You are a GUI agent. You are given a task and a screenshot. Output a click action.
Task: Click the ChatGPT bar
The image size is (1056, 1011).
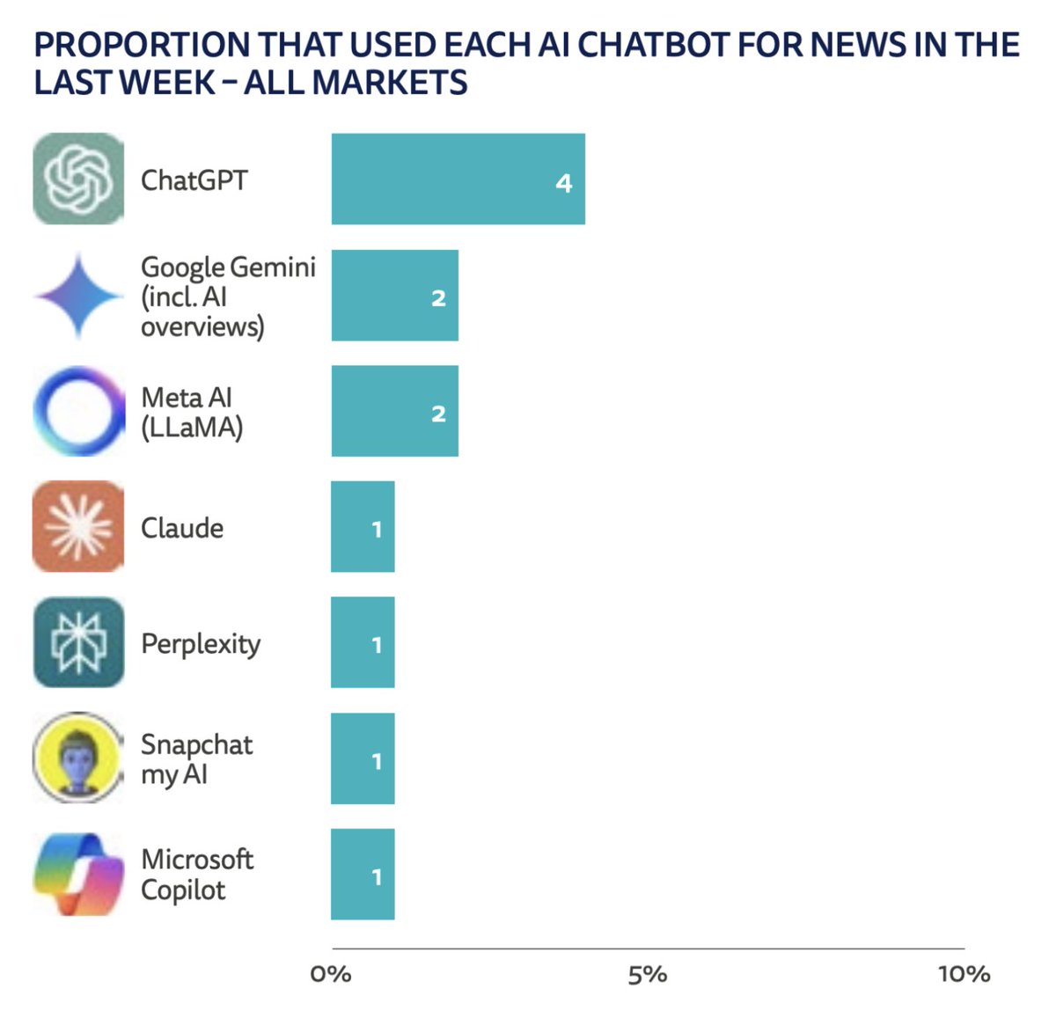click(x=458, y=179)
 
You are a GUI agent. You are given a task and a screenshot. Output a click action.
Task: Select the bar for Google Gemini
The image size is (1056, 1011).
click(x=394, y=296)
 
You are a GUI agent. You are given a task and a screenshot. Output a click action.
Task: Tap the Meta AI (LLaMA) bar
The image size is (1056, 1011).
click(x=394, y=411)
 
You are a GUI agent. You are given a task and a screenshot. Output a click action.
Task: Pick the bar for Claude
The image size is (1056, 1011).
click(x=363, y=527)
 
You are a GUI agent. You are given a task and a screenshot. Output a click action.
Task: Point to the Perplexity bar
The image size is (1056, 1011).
click(x=363, y=642)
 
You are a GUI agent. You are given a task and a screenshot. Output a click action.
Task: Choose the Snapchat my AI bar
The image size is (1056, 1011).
click(x=363, y=758)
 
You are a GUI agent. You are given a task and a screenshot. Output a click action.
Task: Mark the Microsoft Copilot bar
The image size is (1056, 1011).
click(x=363, y=875)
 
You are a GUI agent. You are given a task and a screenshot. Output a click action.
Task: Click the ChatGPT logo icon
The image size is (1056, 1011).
click(x=78, y=179)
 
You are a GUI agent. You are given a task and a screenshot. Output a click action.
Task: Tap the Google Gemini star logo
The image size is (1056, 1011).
click(x=78, y=296)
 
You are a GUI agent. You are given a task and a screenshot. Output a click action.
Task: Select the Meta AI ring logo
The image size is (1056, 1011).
click(x=78, y=411)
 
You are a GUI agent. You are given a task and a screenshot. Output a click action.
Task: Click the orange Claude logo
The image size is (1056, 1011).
click(x=78, y=527)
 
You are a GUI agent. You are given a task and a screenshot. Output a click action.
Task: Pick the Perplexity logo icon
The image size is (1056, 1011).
click(x=78, y=642)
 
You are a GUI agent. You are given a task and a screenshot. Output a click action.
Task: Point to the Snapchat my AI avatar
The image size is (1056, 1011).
click(x=78, y=758)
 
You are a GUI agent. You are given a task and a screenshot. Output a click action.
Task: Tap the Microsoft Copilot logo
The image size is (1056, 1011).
click(x=78, y=875)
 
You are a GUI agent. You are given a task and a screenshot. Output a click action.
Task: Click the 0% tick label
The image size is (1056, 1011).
click(x=331, y=975)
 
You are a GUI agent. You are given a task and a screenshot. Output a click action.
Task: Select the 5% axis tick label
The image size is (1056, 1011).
click(x=647, y=975)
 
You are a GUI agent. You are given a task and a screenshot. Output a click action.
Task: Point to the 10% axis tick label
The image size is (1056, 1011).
click(x=964, y=975)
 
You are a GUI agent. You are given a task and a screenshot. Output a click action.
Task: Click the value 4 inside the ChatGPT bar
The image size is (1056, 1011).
click(x=564, y=183)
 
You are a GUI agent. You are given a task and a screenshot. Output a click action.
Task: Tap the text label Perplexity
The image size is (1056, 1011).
click(x=201, y=644)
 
